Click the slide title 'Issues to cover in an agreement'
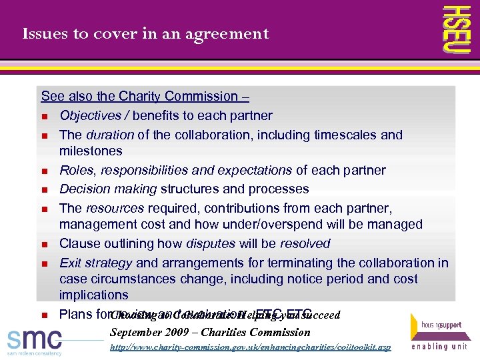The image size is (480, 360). pyautogui.click(x=145, y=33)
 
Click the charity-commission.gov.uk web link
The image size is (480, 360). pyautogui.click(x=250, y=347)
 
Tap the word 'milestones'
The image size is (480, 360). pyautogui.click(x=91, y=151)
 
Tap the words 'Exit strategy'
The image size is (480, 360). pyautogui.click(x=95, y=263)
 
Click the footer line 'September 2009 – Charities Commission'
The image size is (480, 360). pyautogui.click(x=210, y=331)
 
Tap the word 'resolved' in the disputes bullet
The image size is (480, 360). pyautogui.click(x=305, y=243)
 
